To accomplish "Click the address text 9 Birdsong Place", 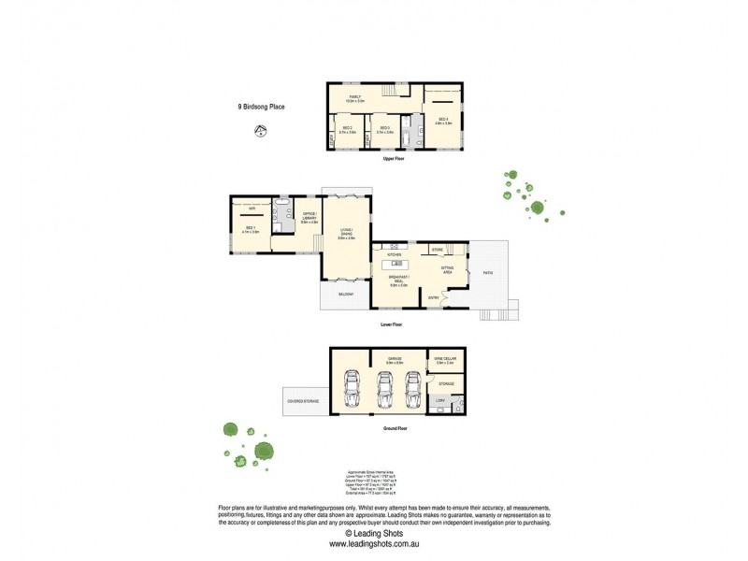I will [261, 107].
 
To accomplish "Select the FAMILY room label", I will [355, 97].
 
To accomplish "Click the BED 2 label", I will [346, 129].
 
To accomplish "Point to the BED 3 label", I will [383, 129].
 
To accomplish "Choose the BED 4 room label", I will [443, 120].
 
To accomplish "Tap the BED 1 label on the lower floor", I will [251, 229].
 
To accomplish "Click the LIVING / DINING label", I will [346, 236].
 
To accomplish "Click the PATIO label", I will [488, 273].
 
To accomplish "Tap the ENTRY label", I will [433, 297].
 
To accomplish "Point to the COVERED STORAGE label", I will [303, 401].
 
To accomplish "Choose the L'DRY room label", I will [439, 401].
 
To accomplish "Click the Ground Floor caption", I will [396, 428].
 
